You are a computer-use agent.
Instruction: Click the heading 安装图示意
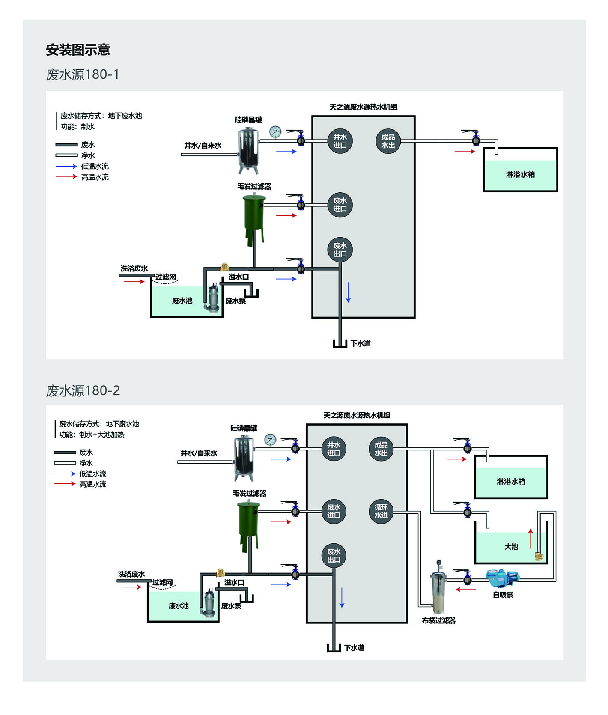point(78,50)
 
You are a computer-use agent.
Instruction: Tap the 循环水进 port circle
point(381,511)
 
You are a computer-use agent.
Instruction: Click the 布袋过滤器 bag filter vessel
point(439,587)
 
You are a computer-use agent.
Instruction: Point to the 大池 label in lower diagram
point(511,547)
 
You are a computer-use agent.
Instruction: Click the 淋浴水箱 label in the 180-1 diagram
point(520,174)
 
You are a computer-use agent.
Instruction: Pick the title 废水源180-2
point(83,390)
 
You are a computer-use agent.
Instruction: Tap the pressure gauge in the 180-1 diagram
point(275,132)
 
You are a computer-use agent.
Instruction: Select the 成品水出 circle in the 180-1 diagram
point(388,141)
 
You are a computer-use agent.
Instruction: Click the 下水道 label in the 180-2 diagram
point(354,648)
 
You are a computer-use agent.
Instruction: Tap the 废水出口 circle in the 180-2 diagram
point(334,556)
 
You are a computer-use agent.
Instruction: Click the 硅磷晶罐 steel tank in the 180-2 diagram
point(244,458)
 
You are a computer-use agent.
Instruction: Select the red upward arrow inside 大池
point(531,538)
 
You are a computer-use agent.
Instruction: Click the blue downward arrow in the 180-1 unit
point(348,292)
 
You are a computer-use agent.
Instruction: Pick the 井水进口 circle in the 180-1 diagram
point(340,141)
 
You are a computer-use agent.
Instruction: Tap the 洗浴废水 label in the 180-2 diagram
point(131,574)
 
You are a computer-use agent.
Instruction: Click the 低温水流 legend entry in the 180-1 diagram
point(82,166)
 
